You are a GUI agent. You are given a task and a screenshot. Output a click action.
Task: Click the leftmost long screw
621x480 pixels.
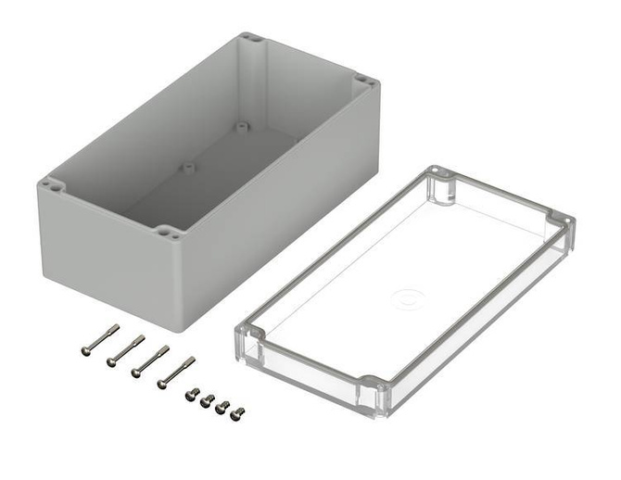pyautogui.click(x=100, y=338)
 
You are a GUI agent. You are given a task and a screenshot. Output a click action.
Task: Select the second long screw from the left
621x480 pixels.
pyautogui.click(x=126, y=348)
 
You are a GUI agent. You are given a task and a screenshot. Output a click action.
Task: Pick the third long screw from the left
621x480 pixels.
pyautogui.click(x=150, y=360)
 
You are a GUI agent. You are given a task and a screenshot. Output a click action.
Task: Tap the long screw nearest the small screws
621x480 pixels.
pyautogui.click(x=175, y=372)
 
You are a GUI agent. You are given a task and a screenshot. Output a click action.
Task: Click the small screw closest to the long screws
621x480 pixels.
pyautogui.click(x=192, y=394)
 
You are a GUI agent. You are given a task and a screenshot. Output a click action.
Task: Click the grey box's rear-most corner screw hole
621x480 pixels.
pyautogui.click(x=247, y=39)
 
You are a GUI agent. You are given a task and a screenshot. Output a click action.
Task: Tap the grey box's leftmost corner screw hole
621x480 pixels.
pyautogui.click(x=52, y=185)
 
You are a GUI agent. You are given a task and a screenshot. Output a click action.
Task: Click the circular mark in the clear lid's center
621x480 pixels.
pyautogui.click(x=406, y=298)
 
